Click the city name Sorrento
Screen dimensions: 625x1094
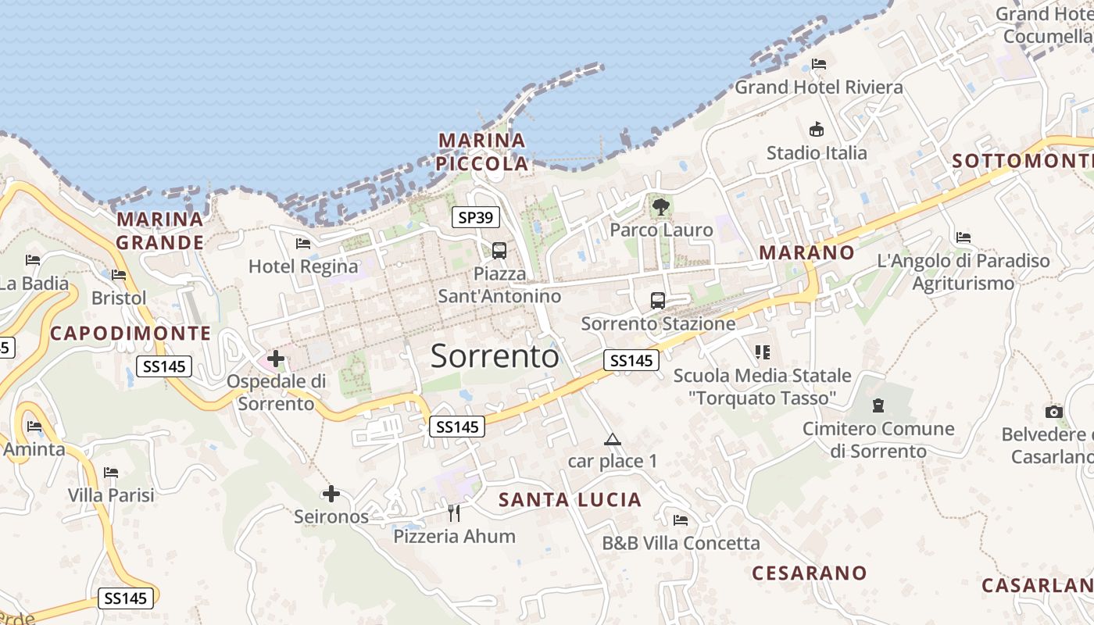[x=495, y=356]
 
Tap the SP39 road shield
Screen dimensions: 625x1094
[x=475, y=218]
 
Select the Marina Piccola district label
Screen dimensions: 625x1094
[x=482, y=152]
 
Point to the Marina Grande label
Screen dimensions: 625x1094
[x=159, y=230]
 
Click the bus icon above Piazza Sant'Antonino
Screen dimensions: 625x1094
[x=499, y=251]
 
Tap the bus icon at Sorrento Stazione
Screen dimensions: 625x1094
[x=658, y=301]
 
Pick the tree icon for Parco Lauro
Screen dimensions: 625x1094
[x=661, y=207]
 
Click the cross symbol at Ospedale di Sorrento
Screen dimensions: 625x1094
[x=276, y=359]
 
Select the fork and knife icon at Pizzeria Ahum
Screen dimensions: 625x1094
[x=454, y=513]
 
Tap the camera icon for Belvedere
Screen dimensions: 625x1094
[x=1053, y=412]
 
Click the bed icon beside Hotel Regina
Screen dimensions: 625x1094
[x=303, y=244]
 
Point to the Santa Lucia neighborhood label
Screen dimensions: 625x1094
[x=570, y=500]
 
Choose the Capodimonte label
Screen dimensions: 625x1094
[x=130, y=334]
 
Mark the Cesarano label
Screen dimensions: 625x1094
[x=809, y=573]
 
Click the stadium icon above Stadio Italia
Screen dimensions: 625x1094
[x=817, y=129]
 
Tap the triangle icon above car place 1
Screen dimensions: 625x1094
[x=612, y=439]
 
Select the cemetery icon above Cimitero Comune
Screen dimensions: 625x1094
[x=878, y=405]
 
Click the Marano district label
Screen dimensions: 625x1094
[x=806, y=252]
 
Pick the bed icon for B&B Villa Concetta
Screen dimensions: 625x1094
[x=681, y=520]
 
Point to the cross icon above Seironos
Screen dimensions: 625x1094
[x=331, y=494]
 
